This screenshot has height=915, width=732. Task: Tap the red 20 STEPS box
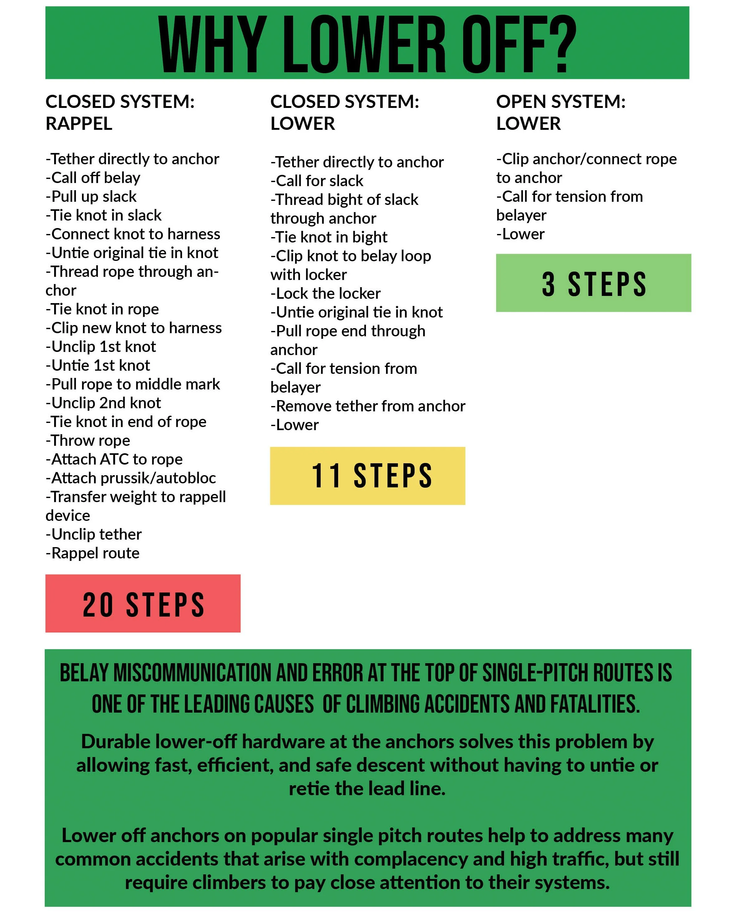pos(143,603)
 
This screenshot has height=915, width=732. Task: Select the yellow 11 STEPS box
pos(368,476)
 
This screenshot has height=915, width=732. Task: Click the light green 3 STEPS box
pos(593,283)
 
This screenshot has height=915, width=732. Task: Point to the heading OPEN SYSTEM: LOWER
pos(561,113)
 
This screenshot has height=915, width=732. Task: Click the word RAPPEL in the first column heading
pos(79,124)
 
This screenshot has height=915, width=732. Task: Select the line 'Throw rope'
pos(88,440)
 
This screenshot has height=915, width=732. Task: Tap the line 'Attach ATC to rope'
pos(114,459)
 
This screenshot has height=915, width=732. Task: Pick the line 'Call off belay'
pos(93,178)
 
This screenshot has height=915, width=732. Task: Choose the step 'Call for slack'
pos(317,181)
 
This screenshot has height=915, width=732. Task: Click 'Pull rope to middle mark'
pos(133,384)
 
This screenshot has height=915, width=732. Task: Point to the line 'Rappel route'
pos(93,553)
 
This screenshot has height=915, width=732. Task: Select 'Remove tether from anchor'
pos(368,406)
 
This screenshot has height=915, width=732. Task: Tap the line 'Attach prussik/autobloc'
pos(131,478)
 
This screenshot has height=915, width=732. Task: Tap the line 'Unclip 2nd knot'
pos(104,403)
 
